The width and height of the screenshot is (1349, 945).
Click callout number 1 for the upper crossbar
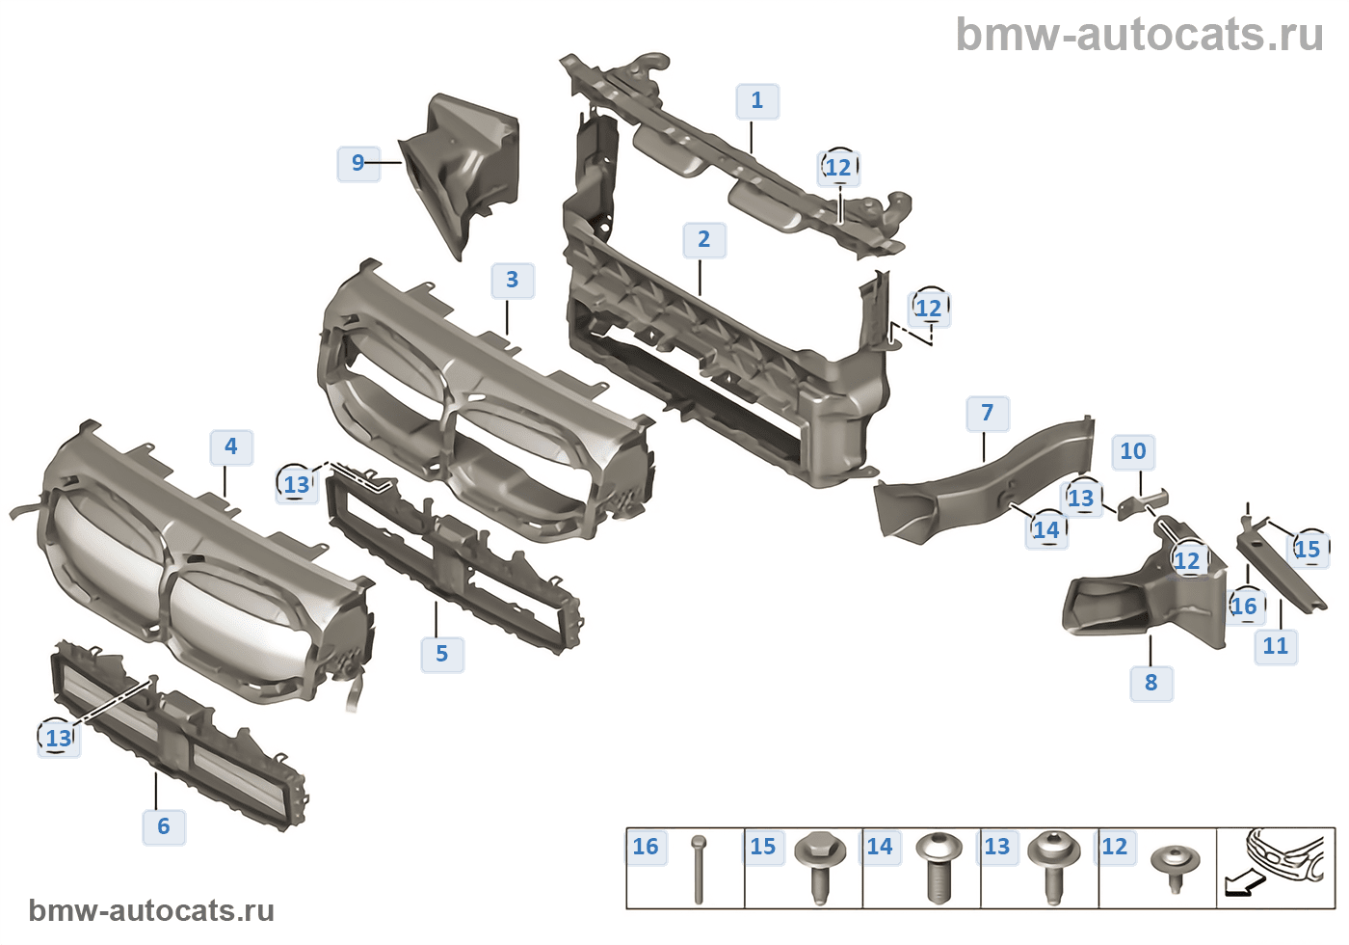click(756, 100)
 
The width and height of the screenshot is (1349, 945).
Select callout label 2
click(703, 239)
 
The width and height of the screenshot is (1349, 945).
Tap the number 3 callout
click(512, 280)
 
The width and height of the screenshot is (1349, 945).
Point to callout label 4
click(230, 446)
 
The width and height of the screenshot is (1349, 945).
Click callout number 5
click(441, 653)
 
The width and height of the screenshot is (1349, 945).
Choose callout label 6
click(163, 825)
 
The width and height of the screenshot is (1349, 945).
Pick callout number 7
click(987, 414)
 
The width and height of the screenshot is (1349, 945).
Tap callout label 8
click(1151, 683)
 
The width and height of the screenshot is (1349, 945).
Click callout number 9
click(357, 163)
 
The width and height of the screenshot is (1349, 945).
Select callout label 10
click(1133, 451)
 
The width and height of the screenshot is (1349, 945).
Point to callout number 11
click(1275, 646)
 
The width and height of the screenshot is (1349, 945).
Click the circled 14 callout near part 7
click(1046, 529)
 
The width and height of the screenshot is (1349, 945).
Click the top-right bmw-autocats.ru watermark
click(1139, 35)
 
